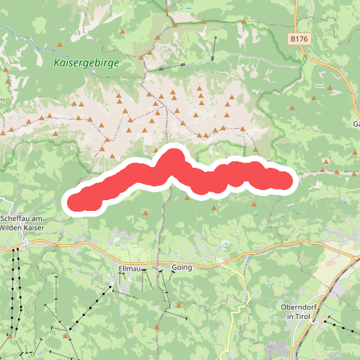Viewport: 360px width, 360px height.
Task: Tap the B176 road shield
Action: point(300,37)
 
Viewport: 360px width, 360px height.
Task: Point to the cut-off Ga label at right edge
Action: point(356,125)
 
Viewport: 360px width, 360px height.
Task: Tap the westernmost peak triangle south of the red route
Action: point(145,213)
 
